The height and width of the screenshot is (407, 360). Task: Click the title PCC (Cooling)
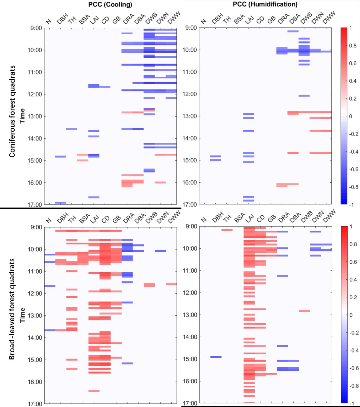(x=110, y=5)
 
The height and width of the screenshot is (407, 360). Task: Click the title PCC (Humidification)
(x=265, y=4)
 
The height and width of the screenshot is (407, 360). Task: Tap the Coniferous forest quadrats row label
(x=12, y=111)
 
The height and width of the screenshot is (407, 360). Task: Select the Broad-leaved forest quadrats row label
(x=12, y=309)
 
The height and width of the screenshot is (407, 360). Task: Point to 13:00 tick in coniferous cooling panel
(x=35, y=116)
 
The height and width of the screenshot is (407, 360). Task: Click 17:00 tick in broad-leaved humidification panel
(x=190, y=403)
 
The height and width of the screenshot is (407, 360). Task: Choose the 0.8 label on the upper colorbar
(x=353, y=46)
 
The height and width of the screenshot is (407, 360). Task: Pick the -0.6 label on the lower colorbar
(x=354, y=368)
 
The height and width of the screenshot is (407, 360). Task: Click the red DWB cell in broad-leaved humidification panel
(x=304, y=311)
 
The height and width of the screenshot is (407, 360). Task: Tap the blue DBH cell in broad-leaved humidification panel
(x=216, y=357)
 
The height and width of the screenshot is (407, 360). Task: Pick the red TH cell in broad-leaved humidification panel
(x=227, y=230)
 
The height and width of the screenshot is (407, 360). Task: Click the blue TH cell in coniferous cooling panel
(x=72, y=129)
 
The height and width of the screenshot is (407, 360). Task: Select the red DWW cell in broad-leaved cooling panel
(x=171, y=284)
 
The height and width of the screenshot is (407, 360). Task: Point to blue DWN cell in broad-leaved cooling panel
(x=160, y=251)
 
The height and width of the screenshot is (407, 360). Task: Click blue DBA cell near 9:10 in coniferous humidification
(x=293, y=31)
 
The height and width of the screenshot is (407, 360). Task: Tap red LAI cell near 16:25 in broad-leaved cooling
(x=94, y=391)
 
